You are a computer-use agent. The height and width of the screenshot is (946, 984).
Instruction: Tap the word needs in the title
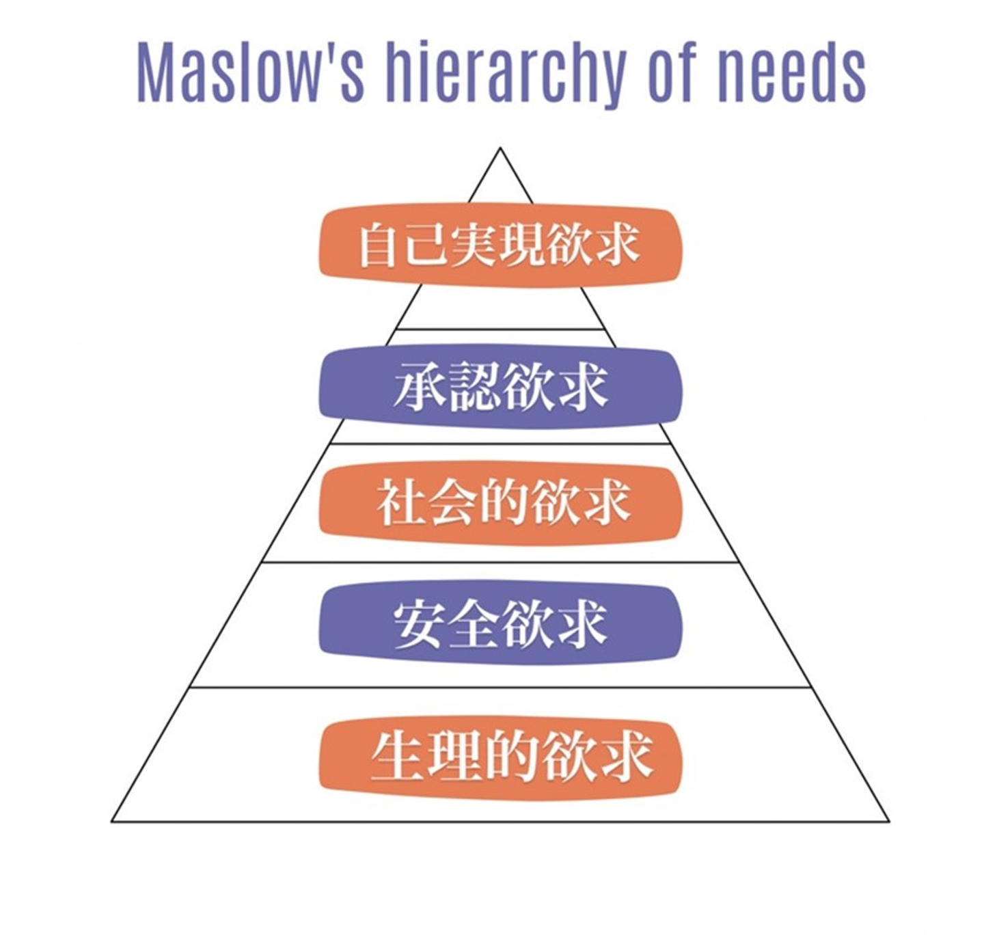coord(792,72)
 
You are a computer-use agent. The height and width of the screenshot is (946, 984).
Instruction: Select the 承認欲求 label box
coord(500,387)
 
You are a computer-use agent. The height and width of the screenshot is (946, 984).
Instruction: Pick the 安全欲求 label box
coord(500,623)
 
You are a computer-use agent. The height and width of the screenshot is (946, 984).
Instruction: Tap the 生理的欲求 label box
coord(500,757)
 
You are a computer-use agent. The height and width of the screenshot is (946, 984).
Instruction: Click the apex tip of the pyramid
coord(500,148)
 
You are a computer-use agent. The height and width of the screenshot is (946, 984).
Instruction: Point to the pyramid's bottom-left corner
coord(113,820)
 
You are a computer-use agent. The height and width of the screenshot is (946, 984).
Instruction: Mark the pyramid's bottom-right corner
coord(888,820)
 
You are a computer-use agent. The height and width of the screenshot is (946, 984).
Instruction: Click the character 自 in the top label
coord(379,245)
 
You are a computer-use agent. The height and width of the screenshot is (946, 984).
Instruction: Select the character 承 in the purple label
coord(418,387)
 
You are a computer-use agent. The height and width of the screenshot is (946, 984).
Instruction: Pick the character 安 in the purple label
coord(418,623)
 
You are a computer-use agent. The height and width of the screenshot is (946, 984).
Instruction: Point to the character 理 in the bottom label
coord(453,756)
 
